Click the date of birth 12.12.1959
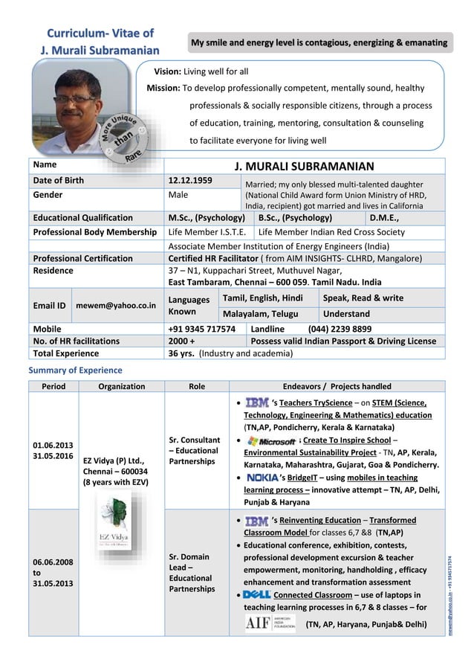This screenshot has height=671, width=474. [x=190, y=180]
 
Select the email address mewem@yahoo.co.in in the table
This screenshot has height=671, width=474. [x=116, y=305]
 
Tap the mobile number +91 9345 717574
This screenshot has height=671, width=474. [x=202, y=328]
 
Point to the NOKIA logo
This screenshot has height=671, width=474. [x=262, y=478]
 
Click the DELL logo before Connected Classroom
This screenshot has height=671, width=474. [x=257, y=595]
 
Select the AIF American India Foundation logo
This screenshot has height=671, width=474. [x=270, y=623]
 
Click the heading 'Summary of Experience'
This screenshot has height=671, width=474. [x=75, y=370]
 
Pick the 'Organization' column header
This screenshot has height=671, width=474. [x=121, y=386]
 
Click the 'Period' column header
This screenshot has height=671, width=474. [x=53, y=386]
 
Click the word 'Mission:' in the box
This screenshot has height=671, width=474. [x=163, y=88]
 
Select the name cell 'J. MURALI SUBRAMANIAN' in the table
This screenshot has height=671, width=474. [x=304, y=166]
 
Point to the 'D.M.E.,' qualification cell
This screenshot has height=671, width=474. [x=385, y=218]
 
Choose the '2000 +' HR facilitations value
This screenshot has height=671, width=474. [x=182, y=341]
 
